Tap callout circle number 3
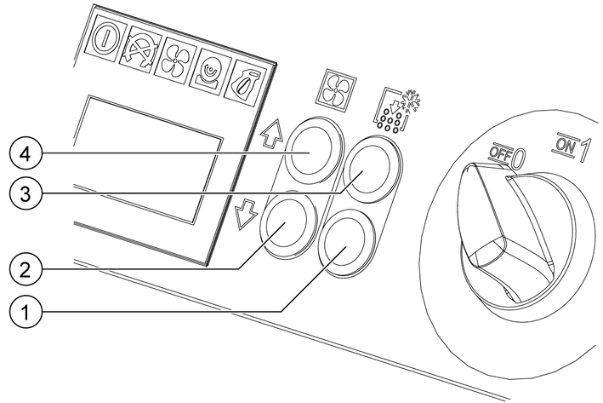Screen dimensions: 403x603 click(24, 193)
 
